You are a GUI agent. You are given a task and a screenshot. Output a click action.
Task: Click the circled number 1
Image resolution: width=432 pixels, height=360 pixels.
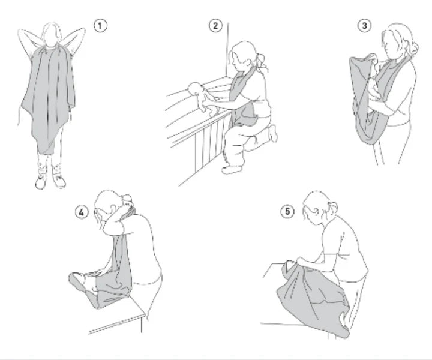tap(100, 26)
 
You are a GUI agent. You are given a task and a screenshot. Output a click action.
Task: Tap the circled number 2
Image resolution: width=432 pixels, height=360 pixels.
tap(215, 26)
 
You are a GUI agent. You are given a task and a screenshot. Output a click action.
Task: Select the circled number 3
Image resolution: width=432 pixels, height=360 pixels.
tap(365, 26)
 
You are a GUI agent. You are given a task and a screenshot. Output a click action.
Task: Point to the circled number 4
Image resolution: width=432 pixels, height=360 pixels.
tap(82, 212)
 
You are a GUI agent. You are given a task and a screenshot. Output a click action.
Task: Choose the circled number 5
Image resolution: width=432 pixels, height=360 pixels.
tap(287, 212)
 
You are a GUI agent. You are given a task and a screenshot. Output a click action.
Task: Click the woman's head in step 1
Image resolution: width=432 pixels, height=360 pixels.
tap(52, 34)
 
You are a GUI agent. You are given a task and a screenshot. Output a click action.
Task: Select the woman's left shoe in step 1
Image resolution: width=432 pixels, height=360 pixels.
tap(59, 181)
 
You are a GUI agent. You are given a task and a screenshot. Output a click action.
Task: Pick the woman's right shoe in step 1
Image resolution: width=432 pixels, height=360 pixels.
tap(41, 182)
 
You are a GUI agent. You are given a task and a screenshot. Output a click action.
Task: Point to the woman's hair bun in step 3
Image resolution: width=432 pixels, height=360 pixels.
tap(413, 49)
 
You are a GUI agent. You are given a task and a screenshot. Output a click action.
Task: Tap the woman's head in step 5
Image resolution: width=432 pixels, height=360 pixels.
tap(316, 205)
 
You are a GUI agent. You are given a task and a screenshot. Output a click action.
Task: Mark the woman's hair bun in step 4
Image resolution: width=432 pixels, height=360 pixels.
tap(127, 199)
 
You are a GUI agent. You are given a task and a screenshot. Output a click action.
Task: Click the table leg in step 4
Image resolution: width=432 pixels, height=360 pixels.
tap(142, 325)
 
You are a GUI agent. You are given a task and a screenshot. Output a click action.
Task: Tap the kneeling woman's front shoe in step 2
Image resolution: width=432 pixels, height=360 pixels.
tap(233, 169)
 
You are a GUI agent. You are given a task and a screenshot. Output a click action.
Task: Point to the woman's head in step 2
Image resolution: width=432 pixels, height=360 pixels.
tap(242, 55)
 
